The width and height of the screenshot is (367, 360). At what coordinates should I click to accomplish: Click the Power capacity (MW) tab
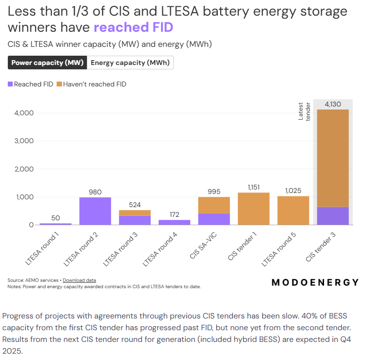click(47, 63)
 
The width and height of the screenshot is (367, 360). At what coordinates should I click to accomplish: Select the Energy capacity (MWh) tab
click(130, 63)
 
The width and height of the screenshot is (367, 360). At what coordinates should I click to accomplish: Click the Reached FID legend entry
click(30, 84)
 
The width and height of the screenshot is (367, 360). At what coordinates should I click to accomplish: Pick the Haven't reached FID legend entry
click(91, 84)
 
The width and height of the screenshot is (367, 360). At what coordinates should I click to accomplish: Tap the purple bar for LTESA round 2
click(95, 211)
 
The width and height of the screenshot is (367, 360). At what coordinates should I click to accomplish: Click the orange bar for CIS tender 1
click(254, 209)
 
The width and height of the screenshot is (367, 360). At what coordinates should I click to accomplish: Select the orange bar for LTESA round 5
click(293, 211)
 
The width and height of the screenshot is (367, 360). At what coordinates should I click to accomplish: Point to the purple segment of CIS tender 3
click(333, 216)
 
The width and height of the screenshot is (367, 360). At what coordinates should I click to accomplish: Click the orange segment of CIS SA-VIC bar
click(214, 205)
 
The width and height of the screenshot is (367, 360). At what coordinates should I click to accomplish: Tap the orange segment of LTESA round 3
click(135, 212)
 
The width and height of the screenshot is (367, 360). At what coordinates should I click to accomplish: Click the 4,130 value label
click(333, 104)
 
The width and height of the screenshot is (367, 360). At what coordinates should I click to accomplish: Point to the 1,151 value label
click(254, 187)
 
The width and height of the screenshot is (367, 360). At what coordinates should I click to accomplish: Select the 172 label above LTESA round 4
click(174, 214)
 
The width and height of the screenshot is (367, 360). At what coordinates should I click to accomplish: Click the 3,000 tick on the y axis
click(23, 141)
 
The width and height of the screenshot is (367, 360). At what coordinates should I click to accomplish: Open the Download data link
click(79, 280)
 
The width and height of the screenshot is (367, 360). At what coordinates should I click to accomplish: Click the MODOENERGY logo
click(315, 282)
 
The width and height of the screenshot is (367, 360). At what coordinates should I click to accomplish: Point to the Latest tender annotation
click(304, 111)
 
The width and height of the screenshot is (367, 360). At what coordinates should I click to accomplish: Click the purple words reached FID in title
click(133, 27)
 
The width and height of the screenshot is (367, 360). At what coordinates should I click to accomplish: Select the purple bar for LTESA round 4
click(174, 222)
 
